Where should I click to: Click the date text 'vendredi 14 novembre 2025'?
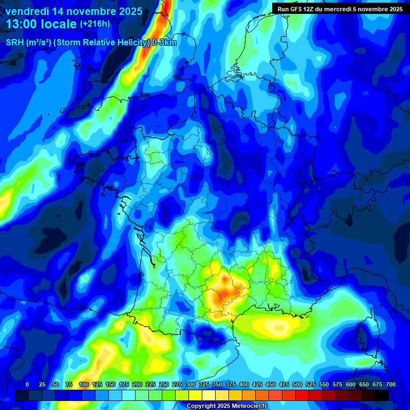(74, 11)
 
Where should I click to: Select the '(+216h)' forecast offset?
(95, 24)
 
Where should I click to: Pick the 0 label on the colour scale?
(27, 384)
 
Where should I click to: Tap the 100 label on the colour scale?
(84, 384)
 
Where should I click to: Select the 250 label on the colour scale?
(164, 384)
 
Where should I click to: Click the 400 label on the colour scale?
(244, 384)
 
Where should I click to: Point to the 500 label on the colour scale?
(297, 384)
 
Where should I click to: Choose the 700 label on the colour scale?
(390, 384)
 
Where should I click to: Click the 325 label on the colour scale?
(204, 384)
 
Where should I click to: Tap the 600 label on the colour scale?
(351, 384)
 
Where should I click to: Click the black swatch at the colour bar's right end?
(382, 395)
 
